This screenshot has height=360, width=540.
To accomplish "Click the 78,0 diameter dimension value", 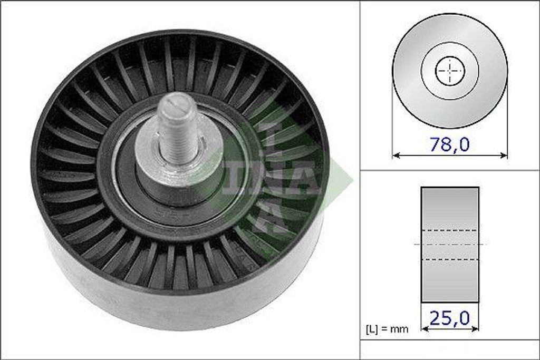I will coord(449,144).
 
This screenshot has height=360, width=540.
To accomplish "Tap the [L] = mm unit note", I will coord(387,329).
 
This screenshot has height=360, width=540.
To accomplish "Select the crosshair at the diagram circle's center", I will coord(450,71).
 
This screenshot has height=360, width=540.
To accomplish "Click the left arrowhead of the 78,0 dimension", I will coord(396,155).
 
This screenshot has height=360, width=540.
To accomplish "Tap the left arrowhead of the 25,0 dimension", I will coord(425,328).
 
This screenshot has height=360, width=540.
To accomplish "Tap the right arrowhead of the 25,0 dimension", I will coord(476,328).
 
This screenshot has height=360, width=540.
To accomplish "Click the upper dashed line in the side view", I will coord(450,230).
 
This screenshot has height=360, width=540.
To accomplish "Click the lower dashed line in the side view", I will coord(450,259).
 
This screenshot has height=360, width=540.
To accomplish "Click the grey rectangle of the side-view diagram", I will coord(450,208).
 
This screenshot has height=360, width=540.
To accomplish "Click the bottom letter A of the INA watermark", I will coord(270,216).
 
